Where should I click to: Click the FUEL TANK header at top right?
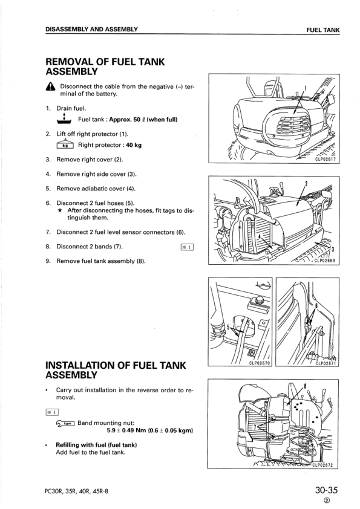pyautogui.click(x=323, y=30)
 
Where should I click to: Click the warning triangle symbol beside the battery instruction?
pyautogui.click(x=51, y=86)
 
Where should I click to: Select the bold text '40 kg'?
pyautogui.click(x=134, y=145)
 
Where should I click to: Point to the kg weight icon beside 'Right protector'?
pyautogui.click(x=65, y=144)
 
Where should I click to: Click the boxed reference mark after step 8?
pyautogui.click(x=187, y=247)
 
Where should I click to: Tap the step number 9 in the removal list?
pyautogui.click(x=48, y=261)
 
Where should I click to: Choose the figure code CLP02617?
pyautogui.click(x=326, y=160)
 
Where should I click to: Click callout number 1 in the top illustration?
pyautogui.click(x=305, y=88)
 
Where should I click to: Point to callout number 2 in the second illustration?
pyautogui.click(x=306, y=184)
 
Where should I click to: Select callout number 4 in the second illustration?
pyautogui.click(x=259, y=236)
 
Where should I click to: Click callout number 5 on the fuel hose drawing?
pyautogui.click(x=229, y=327)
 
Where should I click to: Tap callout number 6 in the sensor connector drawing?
pyautogui.click(x=316, y=306)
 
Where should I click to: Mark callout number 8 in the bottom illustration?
pyautogui.click(x=305, y=386)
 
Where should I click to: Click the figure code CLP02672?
pyautogui.click(x=323, y=464)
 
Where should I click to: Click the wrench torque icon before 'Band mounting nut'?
pyautogui.click(x=65, y=423)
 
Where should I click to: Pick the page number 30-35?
pyautogui.click(x=326, y=490)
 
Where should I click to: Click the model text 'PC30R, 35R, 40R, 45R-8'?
pyautogui.click(x=77, y=491)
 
